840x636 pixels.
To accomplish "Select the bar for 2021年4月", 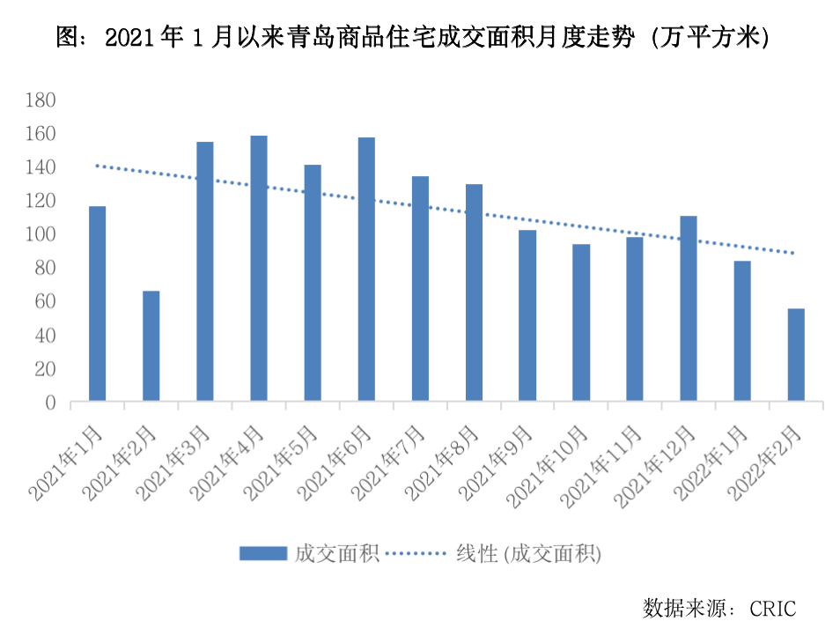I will coord(259,269).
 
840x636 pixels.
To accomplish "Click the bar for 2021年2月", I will coord(151,346).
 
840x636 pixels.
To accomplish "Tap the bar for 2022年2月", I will coord(796,355).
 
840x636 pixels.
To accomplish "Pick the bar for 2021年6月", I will coord(366,270).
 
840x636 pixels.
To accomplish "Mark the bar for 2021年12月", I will coord(689,308).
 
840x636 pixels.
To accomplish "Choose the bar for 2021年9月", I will coord(527,315).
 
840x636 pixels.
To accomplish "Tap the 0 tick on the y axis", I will coord(51,403).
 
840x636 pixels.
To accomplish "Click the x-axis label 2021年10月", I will coord(553,462).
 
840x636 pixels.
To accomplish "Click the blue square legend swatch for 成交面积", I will coord(263,553).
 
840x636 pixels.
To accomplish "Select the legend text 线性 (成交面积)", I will coord(528,553).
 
